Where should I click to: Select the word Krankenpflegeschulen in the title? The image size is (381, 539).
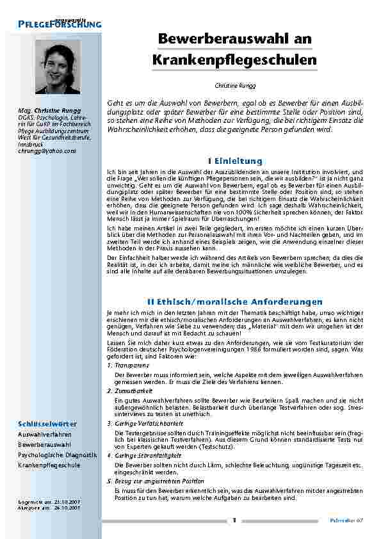[235, 60]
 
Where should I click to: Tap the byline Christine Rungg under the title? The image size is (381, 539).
[235, 85]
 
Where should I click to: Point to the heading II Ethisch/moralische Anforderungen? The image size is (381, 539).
[235, 301]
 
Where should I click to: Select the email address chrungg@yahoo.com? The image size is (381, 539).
[47, 151]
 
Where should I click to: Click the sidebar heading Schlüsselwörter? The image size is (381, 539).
[47, 424]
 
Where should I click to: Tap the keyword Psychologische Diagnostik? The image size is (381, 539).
[57, 455]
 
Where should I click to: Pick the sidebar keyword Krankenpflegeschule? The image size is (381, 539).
[49, 465]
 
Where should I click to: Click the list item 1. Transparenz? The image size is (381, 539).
[128, 365]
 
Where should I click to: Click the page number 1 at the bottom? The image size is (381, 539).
[235, 520]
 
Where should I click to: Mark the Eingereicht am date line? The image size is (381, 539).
[49, 502]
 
